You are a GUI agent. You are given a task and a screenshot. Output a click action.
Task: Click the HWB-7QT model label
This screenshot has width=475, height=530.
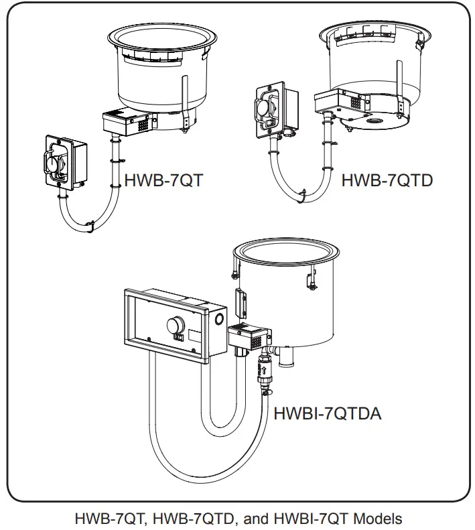click(x=164, y=180)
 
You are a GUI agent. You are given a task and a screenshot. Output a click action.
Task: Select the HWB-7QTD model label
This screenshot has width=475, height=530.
click(x=387, y=180)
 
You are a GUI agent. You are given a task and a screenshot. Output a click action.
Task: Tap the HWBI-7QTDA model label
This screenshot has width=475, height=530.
click(x=328, y=413)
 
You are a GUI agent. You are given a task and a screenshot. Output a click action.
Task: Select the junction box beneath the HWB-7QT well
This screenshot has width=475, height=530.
click(x=127, y=122)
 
